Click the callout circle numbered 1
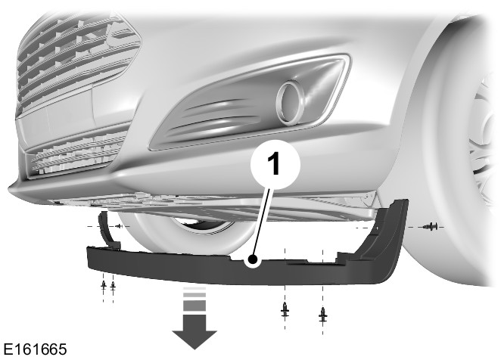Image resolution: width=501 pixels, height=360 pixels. (x=275, y=165)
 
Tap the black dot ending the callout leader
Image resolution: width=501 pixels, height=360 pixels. (x=254, y=259)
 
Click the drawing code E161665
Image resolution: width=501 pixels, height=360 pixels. (x=35, y=349)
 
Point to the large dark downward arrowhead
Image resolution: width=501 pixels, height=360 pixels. (x=194, y=340)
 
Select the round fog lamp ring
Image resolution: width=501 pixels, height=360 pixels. (x=291, y=101)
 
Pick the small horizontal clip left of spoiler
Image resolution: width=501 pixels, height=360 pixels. (x=119, y=226)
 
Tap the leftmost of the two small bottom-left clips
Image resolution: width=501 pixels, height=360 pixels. (x=104, y=284)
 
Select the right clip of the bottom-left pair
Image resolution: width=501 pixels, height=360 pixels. (x=113, y=284)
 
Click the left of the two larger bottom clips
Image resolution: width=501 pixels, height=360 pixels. (x=285, y=309)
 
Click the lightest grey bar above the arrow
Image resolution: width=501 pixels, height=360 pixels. (x=194, y=288)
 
